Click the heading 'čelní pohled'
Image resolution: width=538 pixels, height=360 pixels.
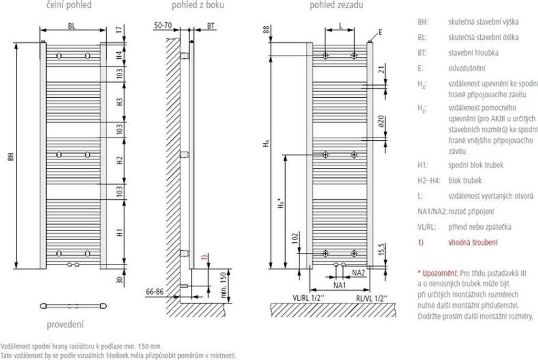[x=69, y=5]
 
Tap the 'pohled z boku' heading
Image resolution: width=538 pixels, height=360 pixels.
[x=198, y=5]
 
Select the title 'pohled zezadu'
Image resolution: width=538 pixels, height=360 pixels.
[x=336, y=5]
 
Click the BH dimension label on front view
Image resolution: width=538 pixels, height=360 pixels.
[x=11, y=157]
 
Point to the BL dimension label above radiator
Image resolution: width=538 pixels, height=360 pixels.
[x=71, y=26]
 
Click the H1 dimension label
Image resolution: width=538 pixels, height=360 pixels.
[x=119, y=232]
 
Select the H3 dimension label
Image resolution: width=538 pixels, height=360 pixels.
[x=119, y=101]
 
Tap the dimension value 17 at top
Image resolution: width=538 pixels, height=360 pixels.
[x=119, y=29]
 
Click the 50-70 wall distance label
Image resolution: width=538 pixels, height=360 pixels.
[x=163, y=25]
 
